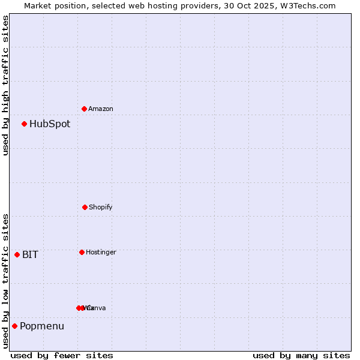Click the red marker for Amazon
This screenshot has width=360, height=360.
click(x=84, y=109)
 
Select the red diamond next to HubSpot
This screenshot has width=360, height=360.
click(x=24, y=124)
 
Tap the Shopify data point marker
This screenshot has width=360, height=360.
click(x=85, y=207)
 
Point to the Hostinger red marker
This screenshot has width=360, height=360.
click(x=82, y=252)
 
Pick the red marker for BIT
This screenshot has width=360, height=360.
click(x=17, y=254)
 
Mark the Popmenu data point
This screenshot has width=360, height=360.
click(x=14, y=326)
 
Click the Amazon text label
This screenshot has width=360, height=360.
click(x=101, y=109)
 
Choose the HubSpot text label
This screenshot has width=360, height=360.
click(x=50, y=124)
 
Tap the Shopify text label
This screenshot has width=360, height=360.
click(x=101, y=207)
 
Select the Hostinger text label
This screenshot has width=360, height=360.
click(x=101, y=252)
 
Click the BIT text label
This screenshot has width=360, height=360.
click(x=30, y=254)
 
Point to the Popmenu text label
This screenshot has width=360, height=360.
click(x=42, y=326)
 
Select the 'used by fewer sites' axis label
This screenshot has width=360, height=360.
click(x=62, y=355)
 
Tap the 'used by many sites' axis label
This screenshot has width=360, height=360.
click(x=301, y=355)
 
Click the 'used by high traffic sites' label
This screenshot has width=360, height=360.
click(x=5, y=85)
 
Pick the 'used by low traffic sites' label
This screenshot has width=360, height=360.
click(x=5, y=280)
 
